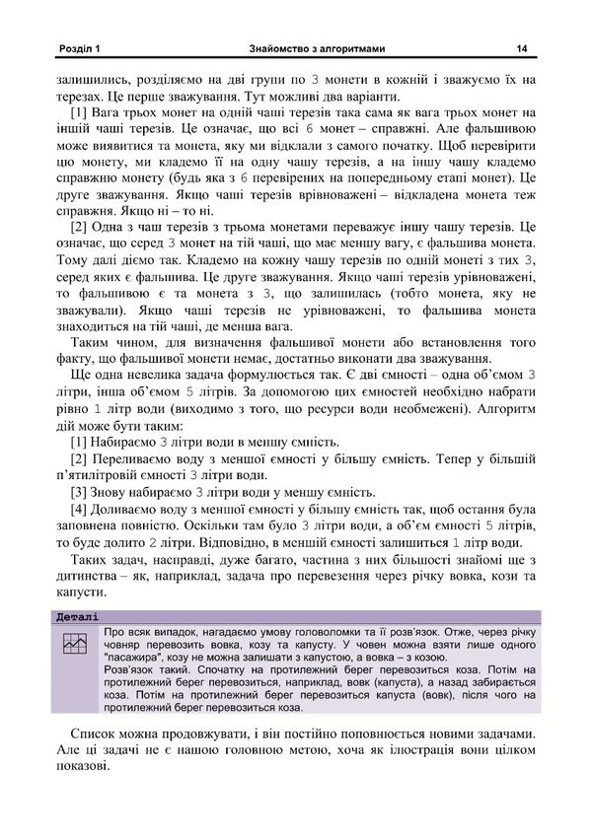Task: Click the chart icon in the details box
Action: pos(74,647)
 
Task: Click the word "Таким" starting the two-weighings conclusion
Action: pos(95,339)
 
